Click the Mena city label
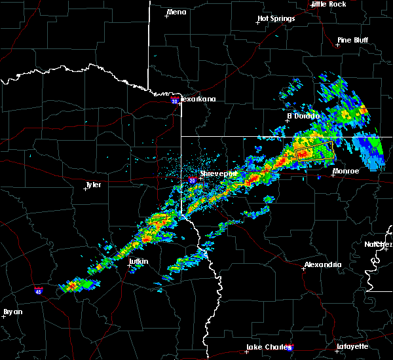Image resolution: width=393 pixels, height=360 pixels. (x=177, y=12)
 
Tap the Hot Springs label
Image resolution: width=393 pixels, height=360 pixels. (x=276, y=18)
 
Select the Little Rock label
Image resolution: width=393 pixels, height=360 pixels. (x=329, y=4)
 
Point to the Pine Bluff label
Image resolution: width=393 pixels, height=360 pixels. (x=352, y=40)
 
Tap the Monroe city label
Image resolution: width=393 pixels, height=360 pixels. (x=346, y=171)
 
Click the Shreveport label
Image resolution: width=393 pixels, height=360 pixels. (x=219, y=173)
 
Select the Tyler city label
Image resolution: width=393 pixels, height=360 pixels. (x=93, y=185)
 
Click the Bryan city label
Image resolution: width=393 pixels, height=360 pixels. (x=12, y=312)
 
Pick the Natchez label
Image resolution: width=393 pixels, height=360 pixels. (x=379, y=244)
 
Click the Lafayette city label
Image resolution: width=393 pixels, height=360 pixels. (x=353, y=346)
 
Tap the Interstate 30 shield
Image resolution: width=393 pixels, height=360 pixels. (x=174, y=101)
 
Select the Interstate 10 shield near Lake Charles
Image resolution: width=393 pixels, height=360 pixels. (x=291, y=349)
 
